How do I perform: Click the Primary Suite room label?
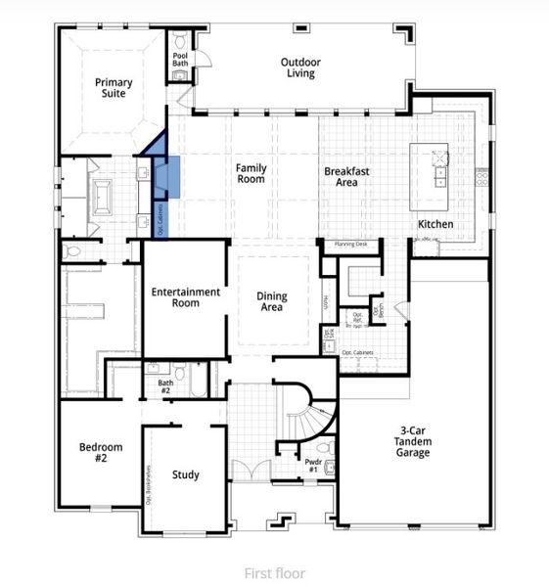coord(114,89)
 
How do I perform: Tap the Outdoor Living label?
coord(300,68)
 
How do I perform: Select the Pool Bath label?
coord(180,61)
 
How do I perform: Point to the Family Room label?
coord(251,174)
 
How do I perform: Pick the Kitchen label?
coord(435,224)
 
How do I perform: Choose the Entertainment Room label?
coord(185,297)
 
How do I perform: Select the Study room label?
coord(186,475)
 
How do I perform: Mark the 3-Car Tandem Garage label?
coord(413,441)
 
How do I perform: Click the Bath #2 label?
coord(165,386)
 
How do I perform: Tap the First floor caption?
coord(274,573)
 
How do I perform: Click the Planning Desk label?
coord(349,244)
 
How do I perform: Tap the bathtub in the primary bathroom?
coord(102,197)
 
